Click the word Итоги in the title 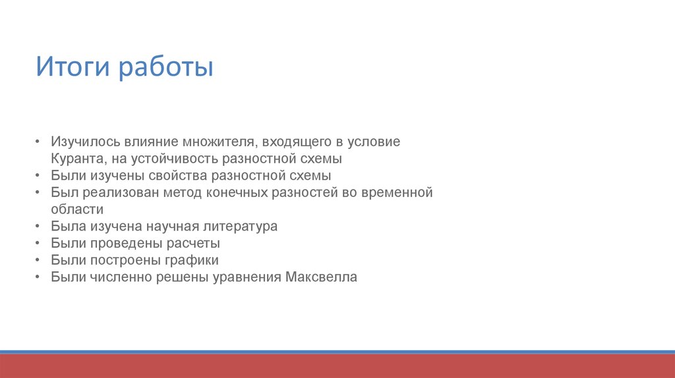(x=73, y=67)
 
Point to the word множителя (x=220, y=142)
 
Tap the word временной (x=397, y=192)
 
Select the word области (x=77, y=209)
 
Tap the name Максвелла (x=321, y=277)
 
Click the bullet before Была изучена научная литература (x=38, y=226)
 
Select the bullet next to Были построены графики (x=38, y=259)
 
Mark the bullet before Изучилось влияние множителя (x=38, y=141)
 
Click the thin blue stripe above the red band (x=337, y=352)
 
